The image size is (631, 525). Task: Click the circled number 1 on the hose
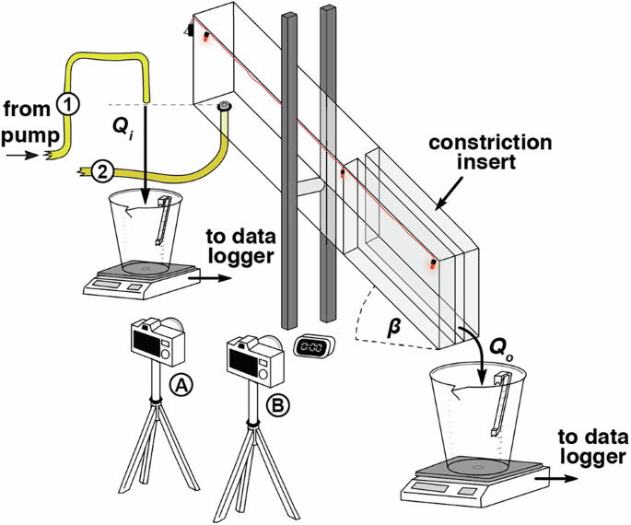tap(69, 103)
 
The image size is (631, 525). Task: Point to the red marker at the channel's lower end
tap(432, 265)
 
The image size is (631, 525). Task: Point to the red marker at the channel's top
tap(205, 36)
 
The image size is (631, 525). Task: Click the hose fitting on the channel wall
tap(224, 109)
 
